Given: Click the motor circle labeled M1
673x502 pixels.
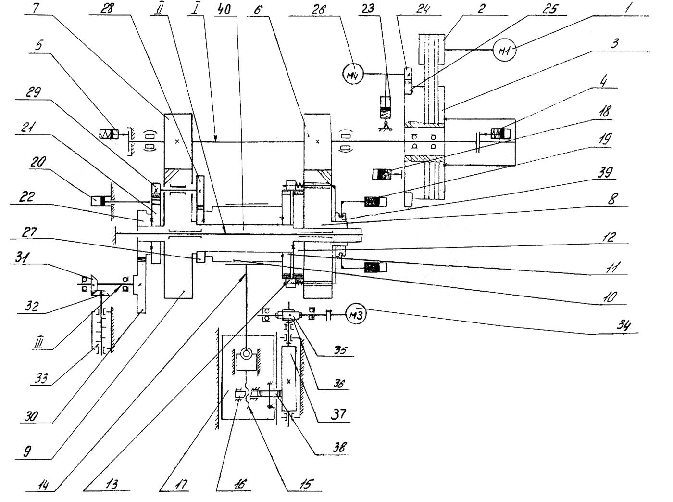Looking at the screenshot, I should tap(504, 50).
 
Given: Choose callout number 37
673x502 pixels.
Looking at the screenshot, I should tap(338, 413).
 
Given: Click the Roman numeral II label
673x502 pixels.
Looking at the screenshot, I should tap(155, 9).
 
